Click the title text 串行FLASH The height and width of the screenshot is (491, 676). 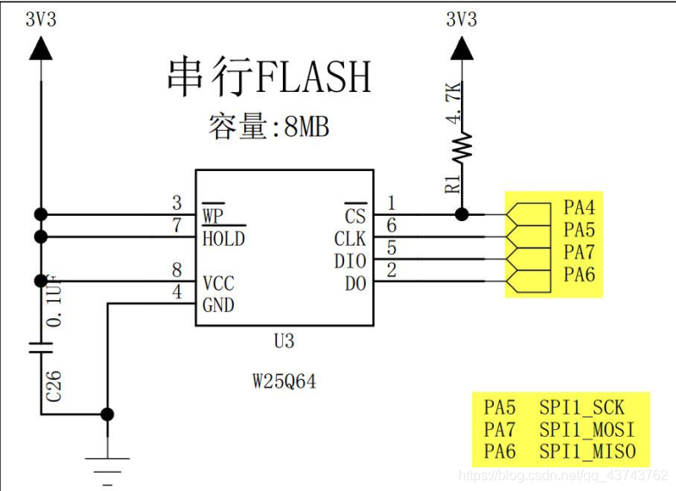point(268,77)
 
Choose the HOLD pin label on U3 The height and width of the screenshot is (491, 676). point(223,238)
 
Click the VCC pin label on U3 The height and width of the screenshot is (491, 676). point(218,283)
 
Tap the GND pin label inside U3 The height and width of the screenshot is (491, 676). point(218,304)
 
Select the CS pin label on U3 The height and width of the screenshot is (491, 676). point(354,215)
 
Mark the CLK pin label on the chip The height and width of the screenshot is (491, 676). point(350,238)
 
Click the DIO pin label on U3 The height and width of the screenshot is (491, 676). point(350,261)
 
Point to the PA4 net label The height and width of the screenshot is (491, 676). point(579,207)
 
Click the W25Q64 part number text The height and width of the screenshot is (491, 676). point(284,381)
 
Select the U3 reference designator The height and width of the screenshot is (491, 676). point(284,341)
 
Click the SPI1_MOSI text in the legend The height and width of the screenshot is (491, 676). point(587,430)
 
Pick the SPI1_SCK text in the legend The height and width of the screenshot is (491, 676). point(582,408)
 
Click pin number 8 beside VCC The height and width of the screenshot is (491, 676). point(177,270)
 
